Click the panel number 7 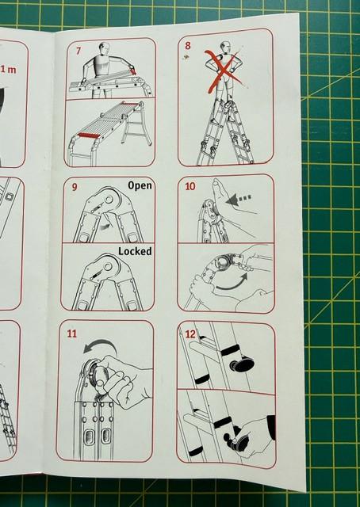(x=79, y=51)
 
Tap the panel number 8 (x=188, y=46)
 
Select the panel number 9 (x=75, y=187)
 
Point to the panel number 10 (x=190, y=186)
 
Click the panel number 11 (x=72, y=334)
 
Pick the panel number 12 (x=190, y=334)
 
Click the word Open (x=140, y=186)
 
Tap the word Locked (x=135, y=251)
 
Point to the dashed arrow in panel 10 (x=239, y=199)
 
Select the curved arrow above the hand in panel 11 (x=101, y=345)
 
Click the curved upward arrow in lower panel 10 (x=232, y=284)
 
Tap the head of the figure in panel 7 (x=104, y=48)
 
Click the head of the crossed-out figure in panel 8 (x=226, y=47)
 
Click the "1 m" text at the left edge (x=9, y=69)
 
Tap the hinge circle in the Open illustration (x=109, y=200)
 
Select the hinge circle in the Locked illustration (x=108, y=267)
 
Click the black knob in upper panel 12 (x=242, y=364)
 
